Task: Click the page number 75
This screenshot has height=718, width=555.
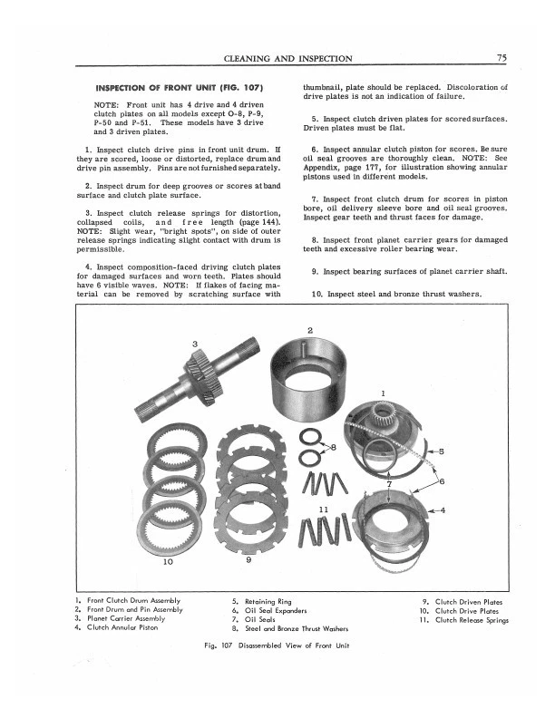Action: pyautogui.click(x=501, y=59)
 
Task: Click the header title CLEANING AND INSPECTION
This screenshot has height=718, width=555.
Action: pyautogui.click(x=287, y=59)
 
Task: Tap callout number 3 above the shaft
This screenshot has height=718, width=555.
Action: pyautogui.click(x=195, y=344)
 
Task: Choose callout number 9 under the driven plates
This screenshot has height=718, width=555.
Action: pyautogui.click(x=248, y=560)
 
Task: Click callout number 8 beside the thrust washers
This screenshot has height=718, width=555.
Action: pyautogui.click(x=333, y=448)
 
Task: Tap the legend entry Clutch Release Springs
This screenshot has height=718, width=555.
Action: pyautogui.click(x=472, y=620)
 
